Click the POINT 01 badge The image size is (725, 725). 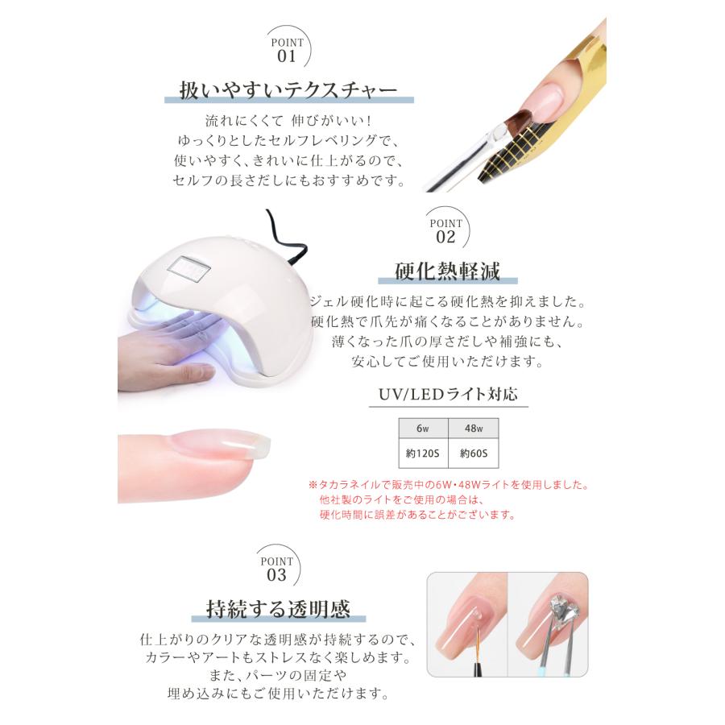click(x=288, y=50)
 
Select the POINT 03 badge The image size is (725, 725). click(x=275, y=569)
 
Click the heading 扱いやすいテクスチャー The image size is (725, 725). click(x=288, y=89)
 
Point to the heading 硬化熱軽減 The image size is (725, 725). click(x=448, y=270)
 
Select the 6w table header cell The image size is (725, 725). click(x=423, y=429)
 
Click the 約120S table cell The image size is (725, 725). click(x=423, y=454)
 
